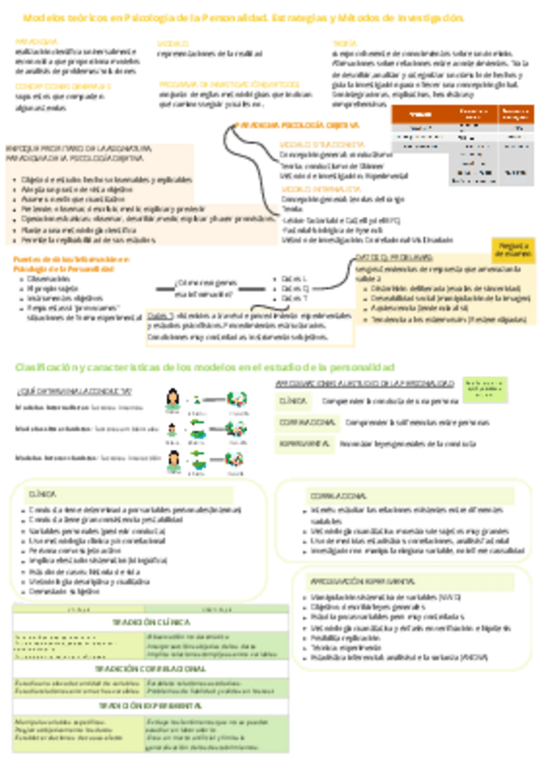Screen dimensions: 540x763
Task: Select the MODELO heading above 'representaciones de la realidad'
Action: pyautogui.click(x=174, y=42)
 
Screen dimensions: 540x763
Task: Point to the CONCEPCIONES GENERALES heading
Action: pyautogui.click(x=50, y=85)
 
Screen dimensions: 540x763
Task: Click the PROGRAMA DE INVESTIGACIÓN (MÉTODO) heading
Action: pyautogui.click(x=211, y=84)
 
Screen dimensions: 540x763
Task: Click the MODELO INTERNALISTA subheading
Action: pyautogui.click(x=310, y=191)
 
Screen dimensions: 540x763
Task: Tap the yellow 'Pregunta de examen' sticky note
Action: pyautogui.click(x=514, y=247)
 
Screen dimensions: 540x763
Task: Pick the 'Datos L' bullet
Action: pyautogui.click(x=293, y=279)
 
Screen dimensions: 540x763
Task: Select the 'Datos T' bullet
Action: pyautogui.click(x=293, y=298)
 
